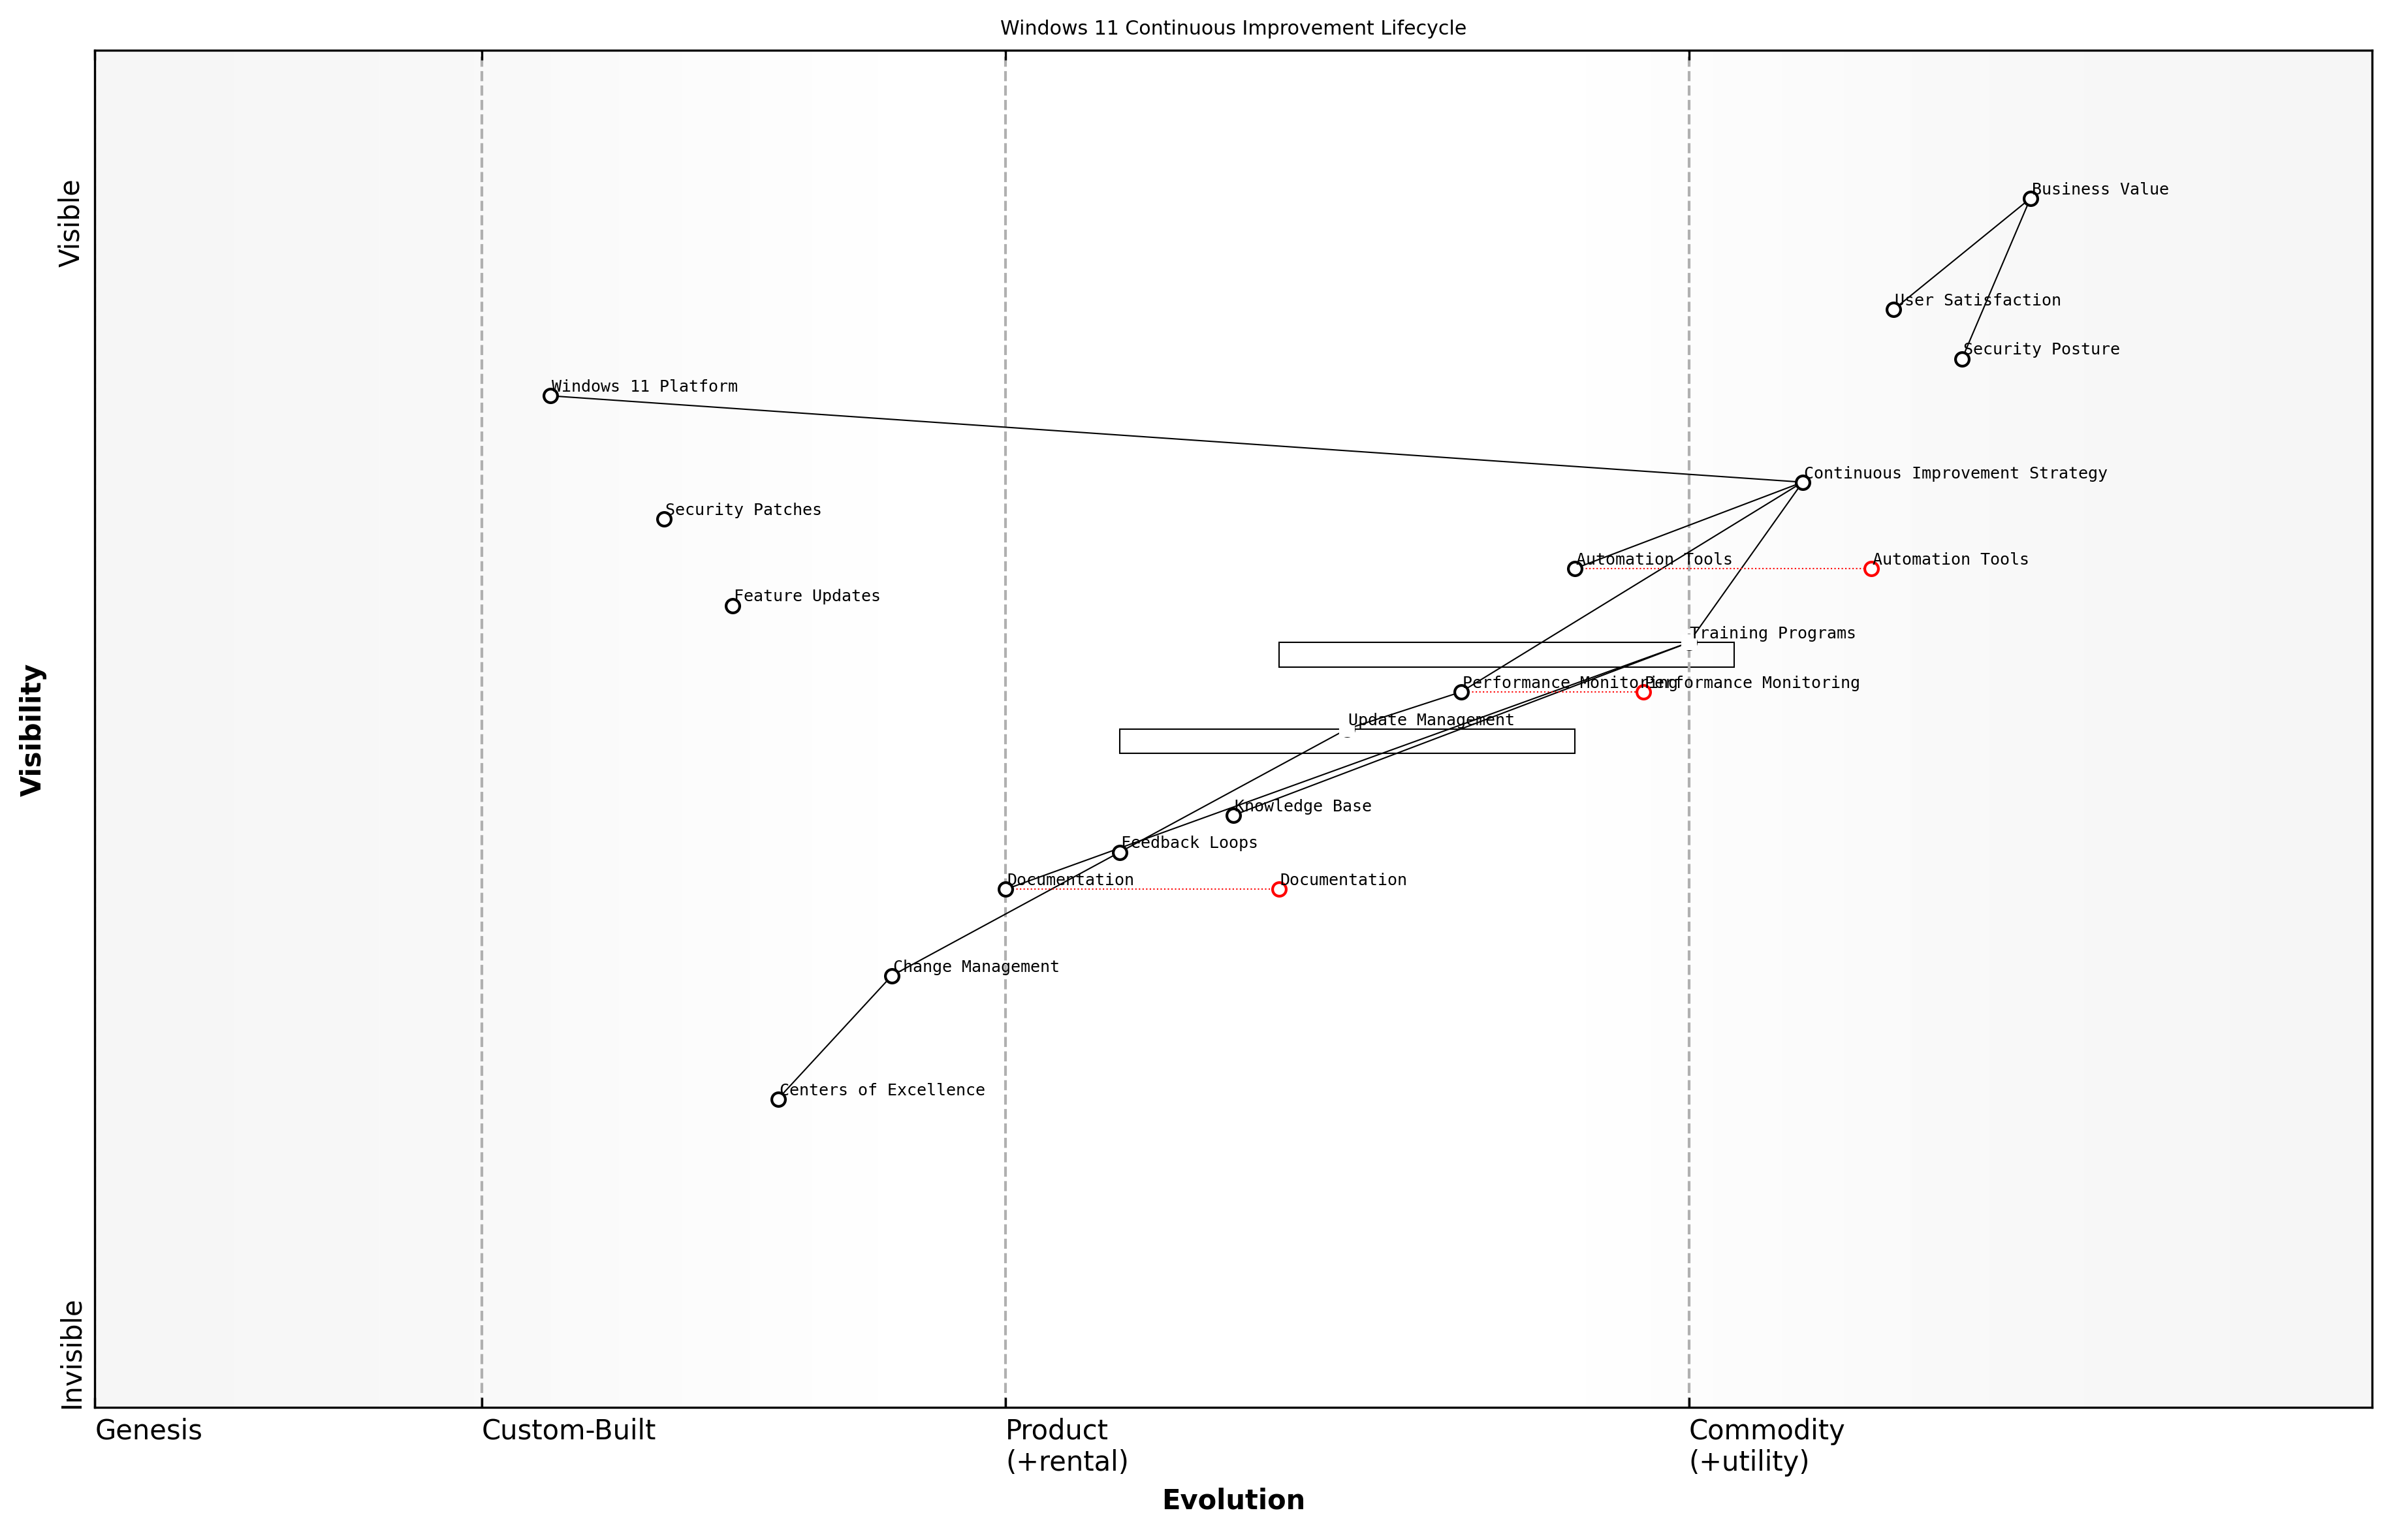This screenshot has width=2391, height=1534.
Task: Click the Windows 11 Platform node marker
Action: [550, 396]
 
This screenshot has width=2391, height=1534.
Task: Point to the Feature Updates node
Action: [732, 606]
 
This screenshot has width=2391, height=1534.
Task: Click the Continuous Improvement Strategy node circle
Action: [1802, 483]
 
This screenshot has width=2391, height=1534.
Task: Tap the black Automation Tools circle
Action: [1575, 569]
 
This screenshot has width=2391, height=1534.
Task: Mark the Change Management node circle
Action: [892, 976]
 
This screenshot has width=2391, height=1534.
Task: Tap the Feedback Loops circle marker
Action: [1120, 853]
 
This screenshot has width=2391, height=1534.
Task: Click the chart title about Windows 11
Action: [1232, 28]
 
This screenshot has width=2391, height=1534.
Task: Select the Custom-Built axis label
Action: [568, 1430]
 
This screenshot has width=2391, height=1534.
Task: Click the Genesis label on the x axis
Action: [148, 1430]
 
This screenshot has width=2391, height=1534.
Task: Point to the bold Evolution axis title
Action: [1232, 1500]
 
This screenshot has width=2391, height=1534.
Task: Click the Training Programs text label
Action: [1772, 634]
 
